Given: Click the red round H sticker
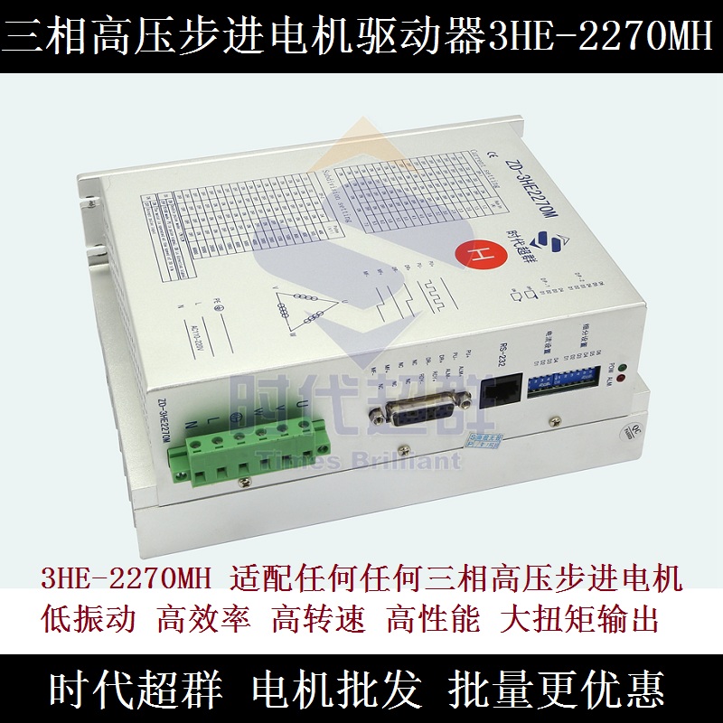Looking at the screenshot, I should (478, 254).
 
